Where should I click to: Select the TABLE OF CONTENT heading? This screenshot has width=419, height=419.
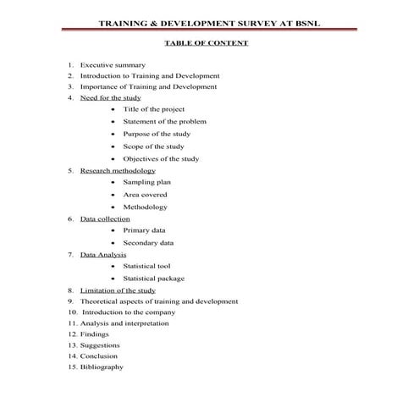209,43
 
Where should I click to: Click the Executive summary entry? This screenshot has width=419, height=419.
113,65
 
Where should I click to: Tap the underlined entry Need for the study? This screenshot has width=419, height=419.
110,97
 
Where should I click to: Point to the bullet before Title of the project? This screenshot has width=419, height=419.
113,109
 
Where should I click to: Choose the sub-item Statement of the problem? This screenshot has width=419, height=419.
164,121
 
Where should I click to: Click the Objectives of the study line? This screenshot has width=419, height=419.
161,158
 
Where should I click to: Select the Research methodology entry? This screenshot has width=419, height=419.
118,170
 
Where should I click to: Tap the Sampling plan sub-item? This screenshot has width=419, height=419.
146,182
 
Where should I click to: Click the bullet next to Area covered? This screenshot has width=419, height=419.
113,195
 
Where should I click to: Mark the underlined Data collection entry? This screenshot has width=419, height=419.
105,218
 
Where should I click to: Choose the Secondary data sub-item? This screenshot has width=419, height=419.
148,243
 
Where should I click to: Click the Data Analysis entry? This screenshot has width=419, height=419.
103,254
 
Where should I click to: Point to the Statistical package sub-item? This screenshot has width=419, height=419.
153,278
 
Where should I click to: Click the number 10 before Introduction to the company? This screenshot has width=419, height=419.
73,311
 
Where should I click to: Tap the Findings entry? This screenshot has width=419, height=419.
95,334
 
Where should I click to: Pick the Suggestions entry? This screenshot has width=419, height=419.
100,345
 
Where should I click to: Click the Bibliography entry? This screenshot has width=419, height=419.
102,367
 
